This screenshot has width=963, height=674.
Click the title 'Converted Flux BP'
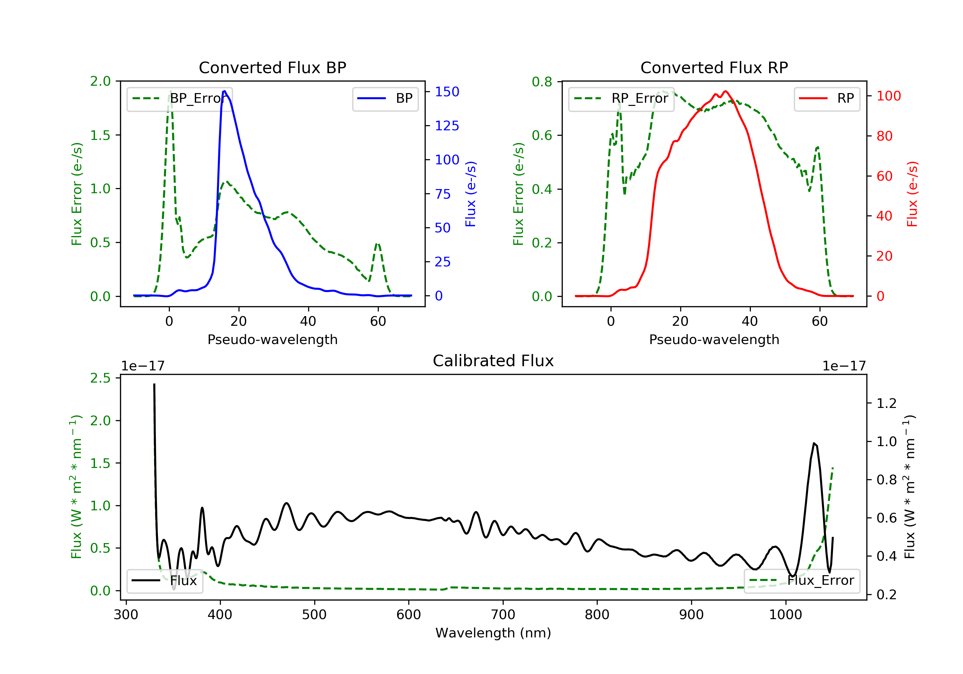point(272,67)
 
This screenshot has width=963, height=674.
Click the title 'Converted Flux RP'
point(714,67)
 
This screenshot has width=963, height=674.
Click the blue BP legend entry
point(385,99)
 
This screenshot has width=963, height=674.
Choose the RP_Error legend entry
point(621,99)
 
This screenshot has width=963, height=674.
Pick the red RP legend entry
point(827,99)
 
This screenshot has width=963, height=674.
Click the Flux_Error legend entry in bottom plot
point(802,581)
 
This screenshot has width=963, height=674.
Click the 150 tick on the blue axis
point(447,92)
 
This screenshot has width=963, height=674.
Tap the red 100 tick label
point(888,96)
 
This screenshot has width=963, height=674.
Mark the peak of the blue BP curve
point(224,91)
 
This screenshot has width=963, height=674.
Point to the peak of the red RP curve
point(725,91)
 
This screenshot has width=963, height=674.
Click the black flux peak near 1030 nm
point(814,443)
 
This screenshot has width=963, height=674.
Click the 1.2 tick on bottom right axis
point(886,403)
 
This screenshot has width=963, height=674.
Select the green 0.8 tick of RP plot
point(542,82)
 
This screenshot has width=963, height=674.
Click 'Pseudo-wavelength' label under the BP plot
point(272,339)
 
